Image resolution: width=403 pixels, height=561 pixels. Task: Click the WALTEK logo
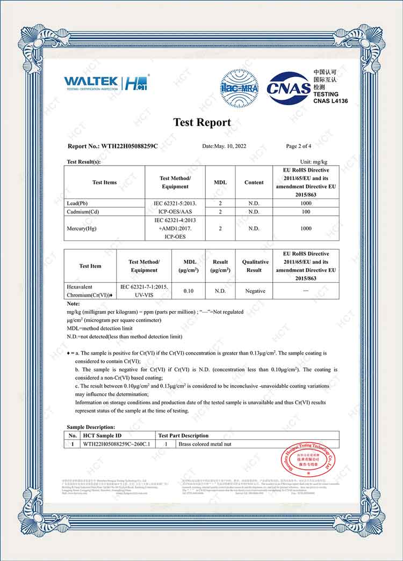(91, 83)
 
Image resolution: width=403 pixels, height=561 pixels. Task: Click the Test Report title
(201, 122)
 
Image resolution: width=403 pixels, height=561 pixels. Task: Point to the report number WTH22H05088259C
(112, 146)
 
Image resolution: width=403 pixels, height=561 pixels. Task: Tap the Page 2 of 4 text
(298, 146)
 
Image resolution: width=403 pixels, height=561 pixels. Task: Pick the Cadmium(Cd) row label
(83, 211)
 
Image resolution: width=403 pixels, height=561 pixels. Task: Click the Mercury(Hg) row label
(81, 228)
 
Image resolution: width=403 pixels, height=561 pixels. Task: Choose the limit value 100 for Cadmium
(306, 211)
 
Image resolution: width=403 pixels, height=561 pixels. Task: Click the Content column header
(254, 182)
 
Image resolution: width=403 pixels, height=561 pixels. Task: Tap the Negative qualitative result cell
(255, 291)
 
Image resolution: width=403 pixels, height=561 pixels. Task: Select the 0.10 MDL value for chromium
(189, 291)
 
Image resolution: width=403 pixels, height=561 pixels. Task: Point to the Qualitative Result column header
(255, 266)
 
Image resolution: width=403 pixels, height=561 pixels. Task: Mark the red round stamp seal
(308, 460)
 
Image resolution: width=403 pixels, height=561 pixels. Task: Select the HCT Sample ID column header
(102, 435)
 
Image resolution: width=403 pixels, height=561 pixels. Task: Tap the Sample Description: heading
(91, 427)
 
